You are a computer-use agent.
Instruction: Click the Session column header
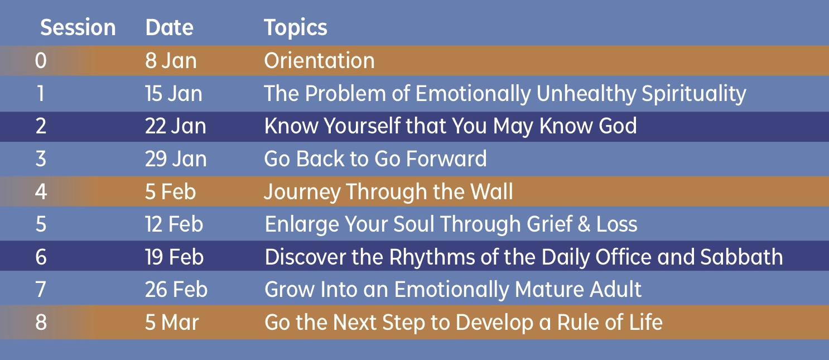point(78,28)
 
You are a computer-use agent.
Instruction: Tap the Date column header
point(169,28)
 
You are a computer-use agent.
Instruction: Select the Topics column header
point(295,28)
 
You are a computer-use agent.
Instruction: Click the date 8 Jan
point(171,61)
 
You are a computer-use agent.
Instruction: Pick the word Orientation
point(319,60)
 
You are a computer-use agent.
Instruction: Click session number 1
point(41,93)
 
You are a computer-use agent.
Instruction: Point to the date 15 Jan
point(173,93)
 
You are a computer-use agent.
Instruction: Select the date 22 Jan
point(175,126)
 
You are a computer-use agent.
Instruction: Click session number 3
point(41,159)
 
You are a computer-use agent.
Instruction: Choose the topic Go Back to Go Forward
point(375,159)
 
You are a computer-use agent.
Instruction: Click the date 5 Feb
point(170,192)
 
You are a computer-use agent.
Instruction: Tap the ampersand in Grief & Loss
point(584,224)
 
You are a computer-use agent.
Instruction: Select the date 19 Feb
point(174,257)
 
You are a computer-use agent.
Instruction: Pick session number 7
point(41,290)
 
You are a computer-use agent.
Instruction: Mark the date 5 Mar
point(172,322)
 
